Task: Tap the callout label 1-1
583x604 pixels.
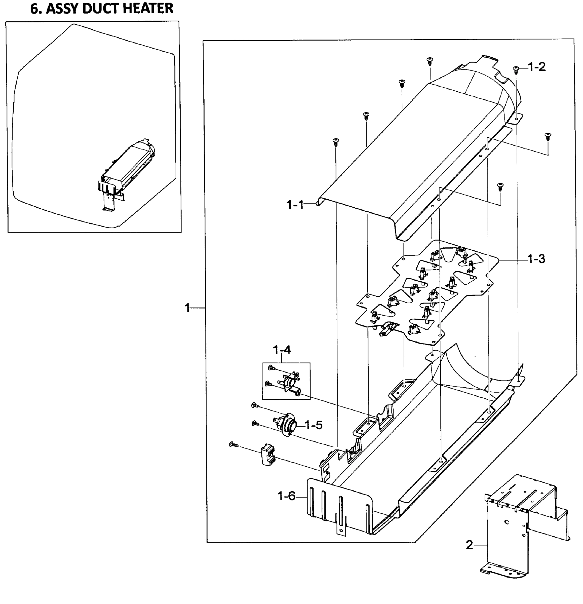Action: tap(295, 205)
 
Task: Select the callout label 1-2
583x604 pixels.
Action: tap(536, 66)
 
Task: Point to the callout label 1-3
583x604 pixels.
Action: tap(536, 259)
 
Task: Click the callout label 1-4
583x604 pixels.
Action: tap(282, 350)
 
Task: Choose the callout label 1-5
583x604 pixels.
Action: tap(314, 425)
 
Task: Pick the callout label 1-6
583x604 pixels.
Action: tap(286, 496)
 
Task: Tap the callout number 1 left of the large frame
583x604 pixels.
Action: tap(187, 308)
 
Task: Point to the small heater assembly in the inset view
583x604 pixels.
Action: tap(126, 169)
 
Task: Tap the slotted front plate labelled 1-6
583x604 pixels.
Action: tap(339, 505)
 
